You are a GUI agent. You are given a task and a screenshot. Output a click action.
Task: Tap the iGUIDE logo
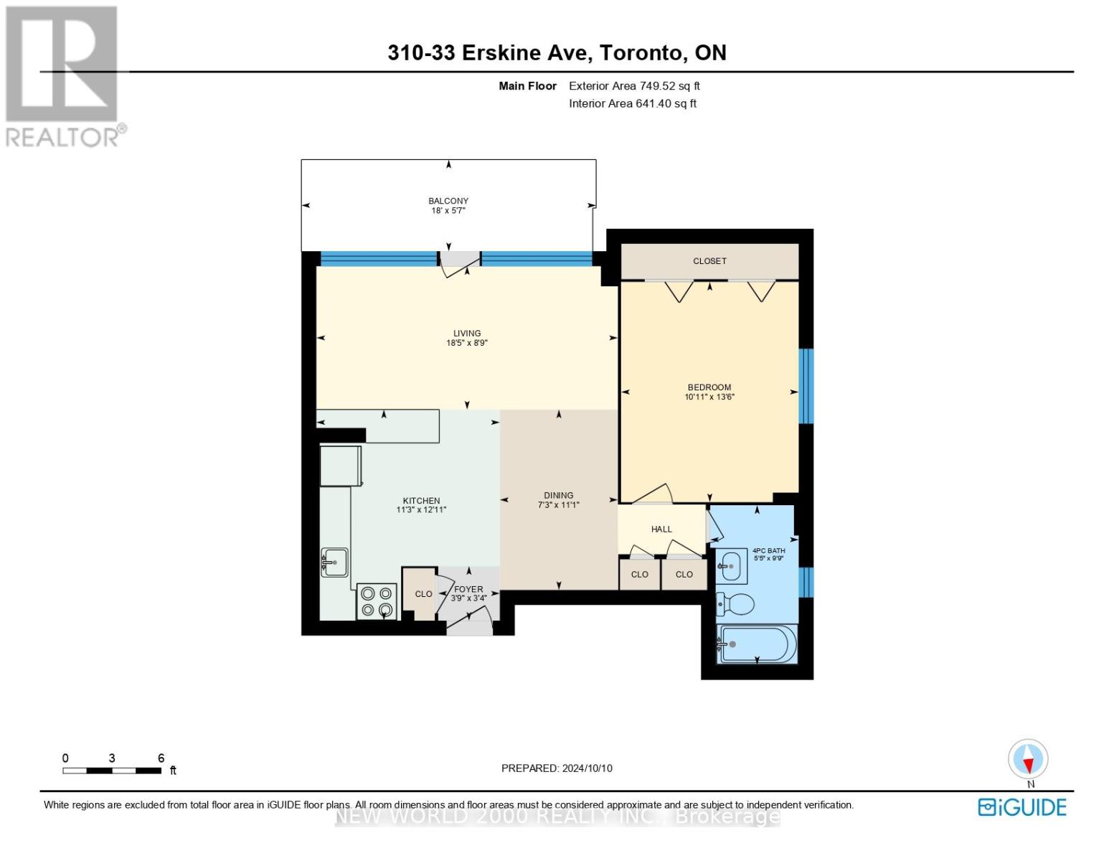(x=1021, y=807)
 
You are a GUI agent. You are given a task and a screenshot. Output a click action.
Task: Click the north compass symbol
(x=1028, y=759)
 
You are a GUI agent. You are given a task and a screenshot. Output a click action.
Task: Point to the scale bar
(x=112, y=771)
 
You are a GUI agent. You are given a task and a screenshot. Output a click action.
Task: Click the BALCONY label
(x=448, y=201)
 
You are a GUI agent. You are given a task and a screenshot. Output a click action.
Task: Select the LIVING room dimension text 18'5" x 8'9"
(x=467, y=343)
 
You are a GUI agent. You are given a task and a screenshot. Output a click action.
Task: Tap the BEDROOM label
(x=709, y=387)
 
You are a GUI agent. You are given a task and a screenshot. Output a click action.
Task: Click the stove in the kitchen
(x=377, y=601)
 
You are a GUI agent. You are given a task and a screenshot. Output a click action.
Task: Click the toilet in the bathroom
(x=735, y=605)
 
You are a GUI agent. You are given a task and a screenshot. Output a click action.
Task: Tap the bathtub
(x=757, y=644)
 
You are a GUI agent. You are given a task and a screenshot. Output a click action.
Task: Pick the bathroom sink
(x=732, y=567)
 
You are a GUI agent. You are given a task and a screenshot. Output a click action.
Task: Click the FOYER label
(x=468, y=589)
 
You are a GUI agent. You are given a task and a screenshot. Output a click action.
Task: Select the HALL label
(x=661, y=529)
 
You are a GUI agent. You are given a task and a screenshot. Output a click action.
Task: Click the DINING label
(x=558, y=495)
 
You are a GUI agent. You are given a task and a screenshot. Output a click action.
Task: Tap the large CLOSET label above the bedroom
(x=709, y=261)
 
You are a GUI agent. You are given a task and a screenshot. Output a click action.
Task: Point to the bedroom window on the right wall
(x=806, y=386)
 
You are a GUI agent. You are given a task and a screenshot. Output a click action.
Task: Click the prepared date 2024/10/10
(x=587, y=768)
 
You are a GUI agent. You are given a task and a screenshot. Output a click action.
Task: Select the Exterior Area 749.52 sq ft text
(x=634, y=86)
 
